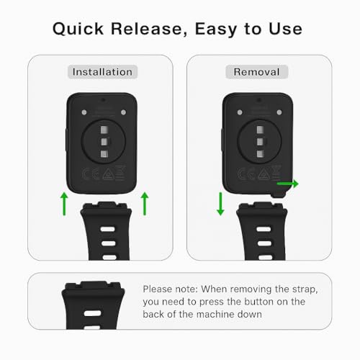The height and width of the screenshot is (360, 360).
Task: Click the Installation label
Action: click(x=102, y=72)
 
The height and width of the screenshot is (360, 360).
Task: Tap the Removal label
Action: click(x=256, y=72)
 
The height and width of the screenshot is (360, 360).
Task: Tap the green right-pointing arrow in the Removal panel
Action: click(x=288, y=185)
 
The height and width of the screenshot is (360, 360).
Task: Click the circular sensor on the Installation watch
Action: click(x=104, y=143)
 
